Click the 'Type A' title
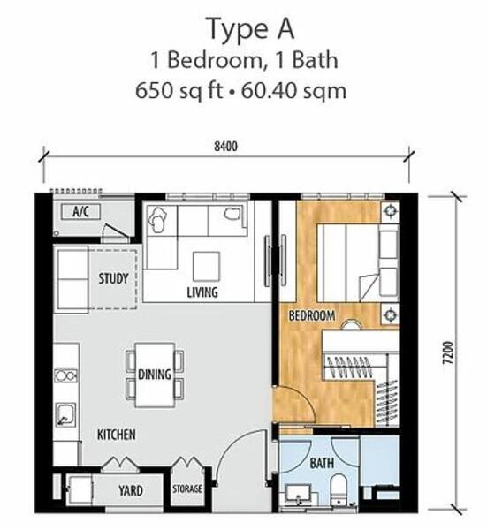[250, 30]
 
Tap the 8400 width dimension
[225, 147]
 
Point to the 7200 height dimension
[447, 352]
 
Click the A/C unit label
[80, 212]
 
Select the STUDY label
[114, 278]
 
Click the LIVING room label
[202, 292]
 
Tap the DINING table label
[155, 375]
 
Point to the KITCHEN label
[117, 435]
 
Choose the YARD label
[131, 490]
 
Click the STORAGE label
[187, 488]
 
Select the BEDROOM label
[312, 315]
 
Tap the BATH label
[322, 463]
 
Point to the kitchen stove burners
[65, 375]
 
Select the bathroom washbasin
[298, 494]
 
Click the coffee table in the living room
[206, 266]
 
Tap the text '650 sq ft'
[179, 91]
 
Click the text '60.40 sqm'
[294, 91]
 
